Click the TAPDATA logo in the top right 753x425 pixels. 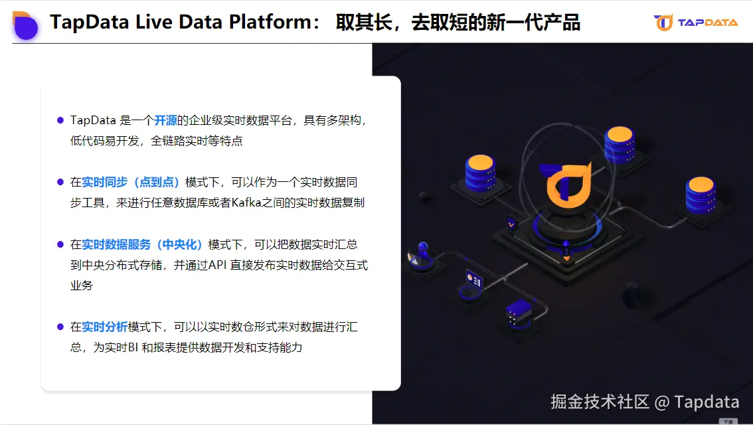695,23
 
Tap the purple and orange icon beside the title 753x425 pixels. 25,25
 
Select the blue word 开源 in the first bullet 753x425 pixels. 165,121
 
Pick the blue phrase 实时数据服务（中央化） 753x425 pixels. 142,244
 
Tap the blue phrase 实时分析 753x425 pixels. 104,327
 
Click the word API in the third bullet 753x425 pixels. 218,265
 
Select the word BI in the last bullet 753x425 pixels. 133,347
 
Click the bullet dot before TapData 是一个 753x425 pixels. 60,120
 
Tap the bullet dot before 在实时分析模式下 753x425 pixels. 60,327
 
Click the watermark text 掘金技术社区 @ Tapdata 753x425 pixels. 645,402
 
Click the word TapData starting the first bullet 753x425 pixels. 93,121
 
